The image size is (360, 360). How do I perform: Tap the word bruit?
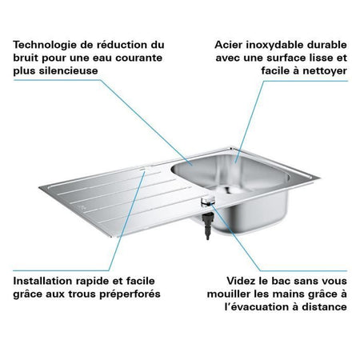tap(27, 58)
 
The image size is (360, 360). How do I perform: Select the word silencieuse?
tap(75, 73)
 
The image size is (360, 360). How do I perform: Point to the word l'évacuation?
tap(254, 308)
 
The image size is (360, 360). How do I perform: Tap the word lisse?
tap(311, 58)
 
